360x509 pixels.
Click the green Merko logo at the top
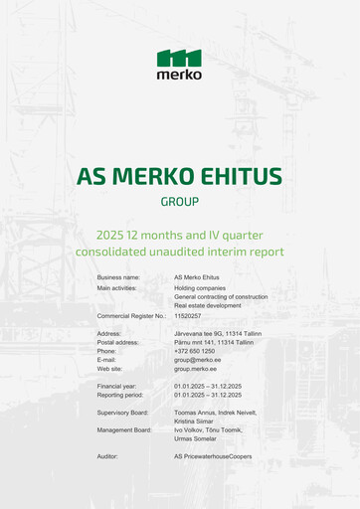click(x=179, y=64)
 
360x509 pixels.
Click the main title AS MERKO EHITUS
click(x=179, y=177)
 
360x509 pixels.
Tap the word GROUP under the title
click(x=179, y=202)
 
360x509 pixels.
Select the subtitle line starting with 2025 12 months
click(x=179, y=235)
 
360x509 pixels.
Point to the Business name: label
click(x=118, y=277)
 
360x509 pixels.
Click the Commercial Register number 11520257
click(x=188, y=315)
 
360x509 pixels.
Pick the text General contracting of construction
click(x=220, y=296)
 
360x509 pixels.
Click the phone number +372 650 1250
click(x=194, y=351)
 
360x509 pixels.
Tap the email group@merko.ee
click(x=196, y=359)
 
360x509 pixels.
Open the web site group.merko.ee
click(x=196, y=368)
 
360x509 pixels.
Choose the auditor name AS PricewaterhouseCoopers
click(x=213, y=456)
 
